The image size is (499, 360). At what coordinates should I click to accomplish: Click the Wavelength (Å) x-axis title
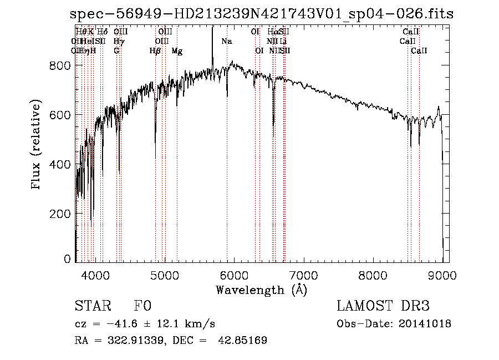point(261,290)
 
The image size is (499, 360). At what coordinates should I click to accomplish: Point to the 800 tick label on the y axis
point(61,66)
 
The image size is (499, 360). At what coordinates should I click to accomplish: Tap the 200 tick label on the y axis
point(61,214)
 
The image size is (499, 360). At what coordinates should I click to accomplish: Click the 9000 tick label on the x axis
point(442,275)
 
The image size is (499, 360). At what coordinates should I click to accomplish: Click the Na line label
point(227,42)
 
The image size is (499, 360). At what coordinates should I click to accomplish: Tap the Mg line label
point(177,51)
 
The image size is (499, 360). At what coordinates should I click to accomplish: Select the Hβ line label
point(155,51)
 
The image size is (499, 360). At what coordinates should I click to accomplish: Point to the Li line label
point(283,42)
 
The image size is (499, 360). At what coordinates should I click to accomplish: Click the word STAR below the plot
point(91,307)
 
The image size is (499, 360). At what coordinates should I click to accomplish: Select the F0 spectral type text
point(142,307)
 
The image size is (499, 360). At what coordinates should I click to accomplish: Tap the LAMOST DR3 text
point(383,307)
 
